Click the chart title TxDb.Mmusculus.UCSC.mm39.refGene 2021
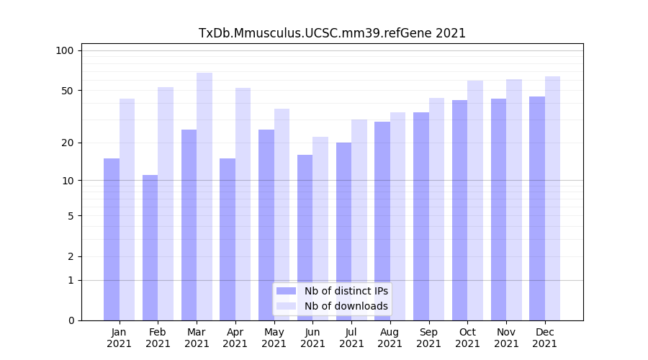(332, 33)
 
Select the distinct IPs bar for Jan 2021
(112, 239)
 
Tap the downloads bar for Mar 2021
(204, 197)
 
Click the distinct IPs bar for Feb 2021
(150, 248)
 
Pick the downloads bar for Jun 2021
(320, 228)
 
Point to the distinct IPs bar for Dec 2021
(537, 208)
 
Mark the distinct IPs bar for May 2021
(266, 225)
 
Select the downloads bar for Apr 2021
(243, 204)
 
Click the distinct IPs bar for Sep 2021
(421, 216)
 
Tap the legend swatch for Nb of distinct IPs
(287, 291)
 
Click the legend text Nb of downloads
(346, 306)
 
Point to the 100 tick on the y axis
(65, 50)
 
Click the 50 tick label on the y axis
(67, 91)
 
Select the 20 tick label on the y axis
(67, 143)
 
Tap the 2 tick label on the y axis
(71, 256)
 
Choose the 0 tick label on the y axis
(71, 320)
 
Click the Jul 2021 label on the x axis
(351, 338)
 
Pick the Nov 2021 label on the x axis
(506, 338)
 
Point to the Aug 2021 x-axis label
(390, 338)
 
